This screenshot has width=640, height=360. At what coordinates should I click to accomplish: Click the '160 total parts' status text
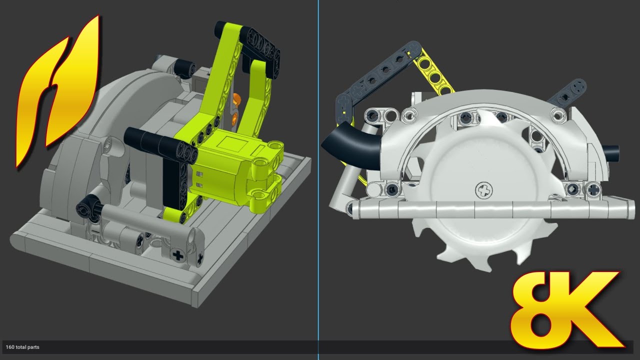click(22, 347)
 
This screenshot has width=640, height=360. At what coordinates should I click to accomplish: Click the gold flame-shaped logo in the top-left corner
click(57, 91)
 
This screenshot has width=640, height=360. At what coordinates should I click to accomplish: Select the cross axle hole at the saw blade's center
click(483, 190)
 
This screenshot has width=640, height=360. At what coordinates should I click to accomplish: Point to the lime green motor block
click(237, 171)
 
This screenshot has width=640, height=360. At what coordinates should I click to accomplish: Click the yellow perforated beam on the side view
click(433, 73)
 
